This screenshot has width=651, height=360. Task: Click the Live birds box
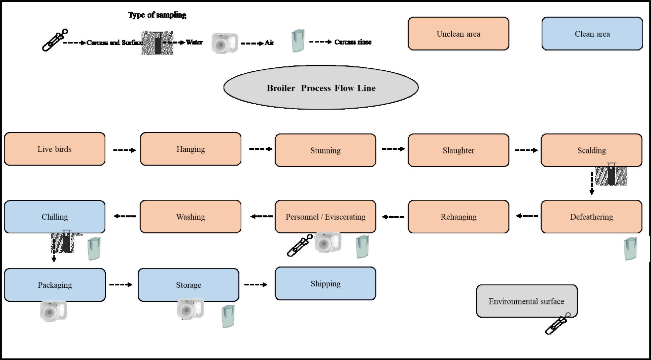click(x=55, y=149)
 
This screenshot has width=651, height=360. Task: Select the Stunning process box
click(x=325, y=150)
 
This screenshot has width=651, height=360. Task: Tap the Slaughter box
click(x=458, y=150)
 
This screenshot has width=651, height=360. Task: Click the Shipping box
click(x=325, y=284)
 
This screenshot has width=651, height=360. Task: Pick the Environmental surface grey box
click(x=526, y=301)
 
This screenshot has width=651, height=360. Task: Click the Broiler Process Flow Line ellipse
click(x=321, y=87)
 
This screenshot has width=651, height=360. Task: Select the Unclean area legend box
click(x=458, y=34)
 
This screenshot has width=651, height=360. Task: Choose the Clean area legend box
click(x=592, y=34)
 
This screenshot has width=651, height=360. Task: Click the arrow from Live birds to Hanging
click(x=124, y=150)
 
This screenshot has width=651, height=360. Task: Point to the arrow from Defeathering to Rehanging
click(x=527, y=216)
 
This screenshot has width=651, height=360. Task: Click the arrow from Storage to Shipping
click(x=255, y=285)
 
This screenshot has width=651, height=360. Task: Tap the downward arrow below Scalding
click(x=591, y=183)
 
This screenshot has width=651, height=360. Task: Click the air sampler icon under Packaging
click(x=54, y=311)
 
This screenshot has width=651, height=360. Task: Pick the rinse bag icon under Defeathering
click(x=630, y=249)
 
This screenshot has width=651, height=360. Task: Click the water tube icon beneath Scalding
click(x=611, y=174)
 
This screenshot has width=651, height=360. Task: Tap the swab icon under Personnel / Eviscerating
click(x=299, y=246)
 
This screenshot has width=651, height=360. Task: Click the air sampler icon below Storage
click(x=190, y=309)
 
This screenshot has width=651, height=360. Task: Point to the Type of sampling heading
click(x=157, y=15)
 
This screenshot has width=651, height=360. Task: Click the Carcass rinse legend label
click(x=352, y=42)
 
